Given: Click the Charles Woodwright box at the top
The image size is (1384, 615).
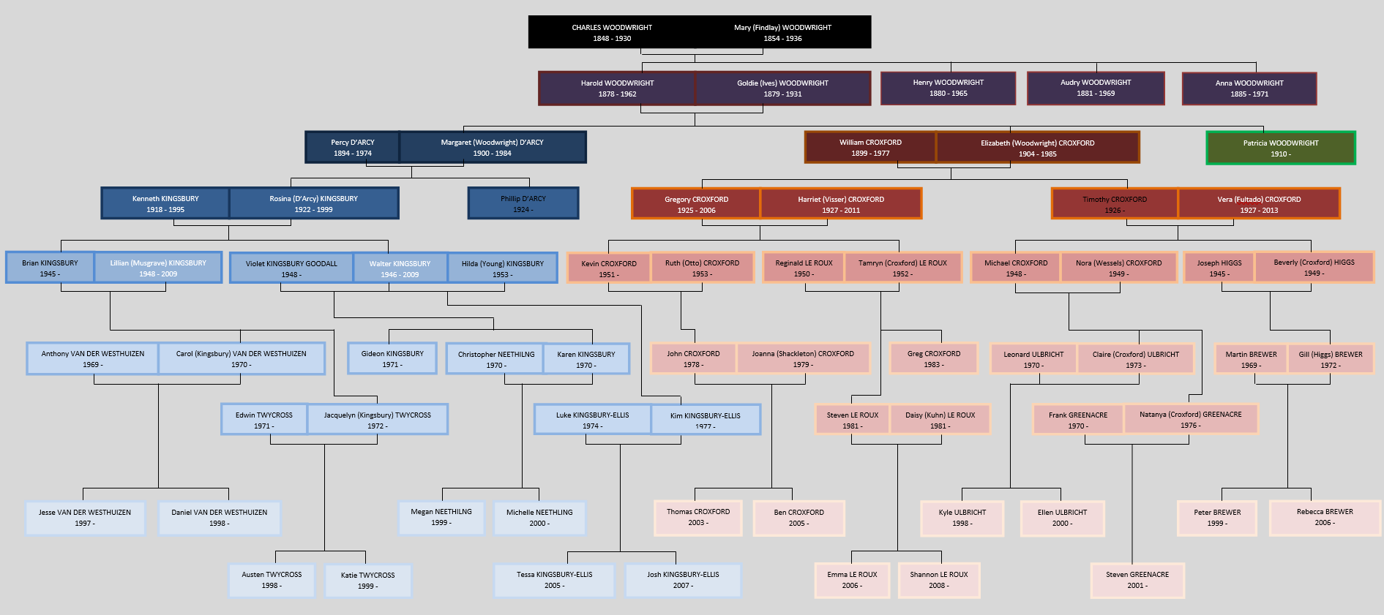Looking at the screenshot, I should point(612,32).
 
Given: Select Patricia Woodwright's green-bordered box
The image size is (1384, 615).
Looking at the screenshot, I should point(1280,148).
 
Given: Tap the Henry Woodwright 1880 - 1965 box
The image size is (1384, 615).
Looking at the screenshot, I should point(948,88).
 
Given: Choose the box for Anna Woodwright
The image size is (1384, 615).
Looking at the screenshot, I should point(1249,88).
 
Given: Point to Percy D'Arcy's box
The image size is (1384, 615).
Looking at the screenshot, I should point(352,147).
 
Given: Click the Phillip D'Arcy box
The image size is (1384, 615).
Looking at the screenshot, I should point(523,203).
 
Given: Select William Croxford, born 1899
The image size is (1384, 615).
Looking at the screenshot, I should point(869,147).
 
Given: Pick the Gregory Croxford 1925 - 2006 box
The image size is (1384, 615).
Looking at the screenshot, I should point(696,204).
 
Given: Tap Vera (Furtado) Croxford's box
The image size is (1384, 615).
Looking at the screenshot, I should point(1258,204).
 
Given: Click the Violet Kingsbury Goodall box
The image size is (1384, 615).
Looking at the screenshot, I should point(291,268).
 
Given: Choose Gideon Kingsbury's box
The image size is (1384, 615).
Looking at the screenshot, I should point(392,358).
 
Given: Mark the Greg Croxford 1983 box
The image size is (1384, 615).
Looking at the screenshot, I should point(933,358).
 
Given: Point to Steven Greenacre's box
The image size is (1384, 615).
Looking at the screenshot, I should point(1137,580).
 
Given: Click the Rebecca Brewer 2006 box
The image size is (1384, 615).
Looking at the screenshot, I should point(1324,517).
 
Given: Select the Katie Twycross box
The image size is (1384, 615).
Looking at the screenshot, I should point(367,580).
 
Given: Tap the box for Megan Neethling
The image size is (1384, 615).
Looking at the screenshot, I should point(441,517).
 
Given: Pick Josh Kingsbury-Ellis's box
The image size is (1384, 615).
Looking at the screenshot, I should point(682,580).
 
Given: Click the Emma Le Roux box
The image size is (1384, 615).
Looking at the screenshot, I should point(852,580).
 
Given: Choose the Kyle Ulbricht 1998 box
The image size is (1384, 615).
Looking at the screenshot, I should point(962,518).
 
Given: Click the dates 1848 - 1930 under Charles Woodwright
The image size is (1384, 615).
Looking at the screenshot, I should point(612,39).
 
